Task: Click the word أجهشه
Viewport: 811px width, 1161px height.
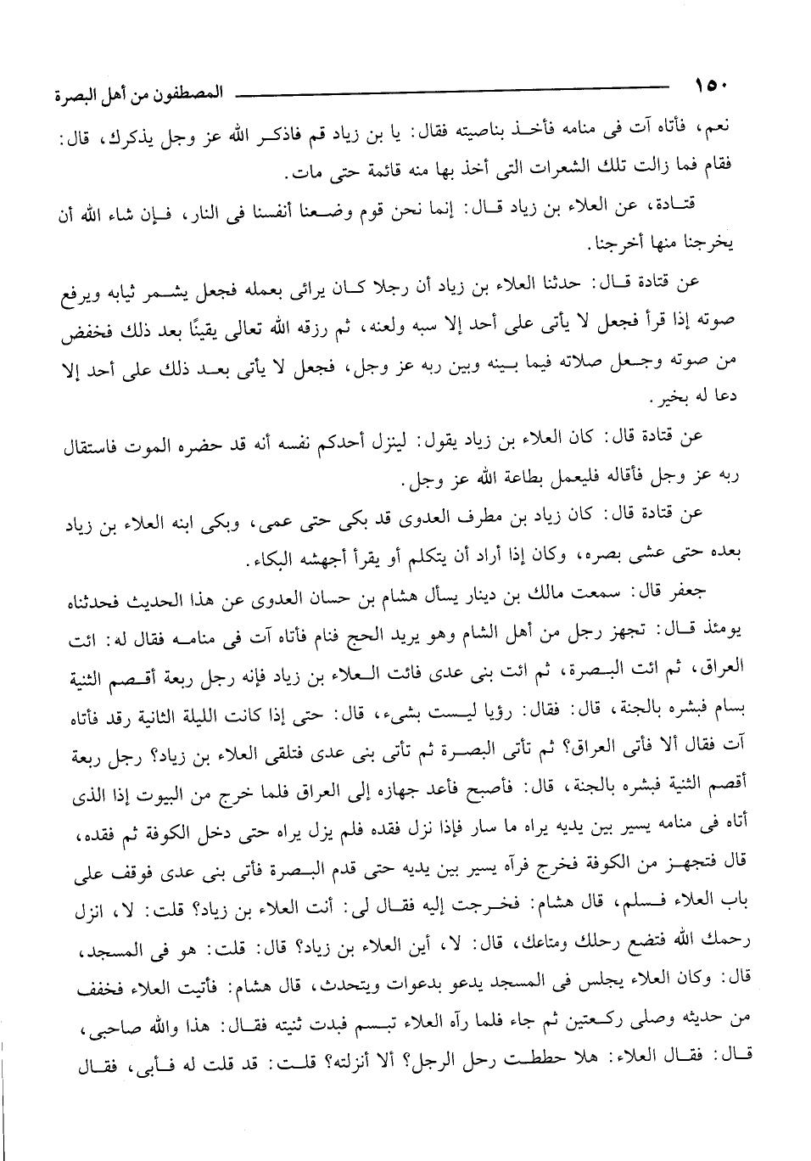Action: (x=329, y=563)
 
